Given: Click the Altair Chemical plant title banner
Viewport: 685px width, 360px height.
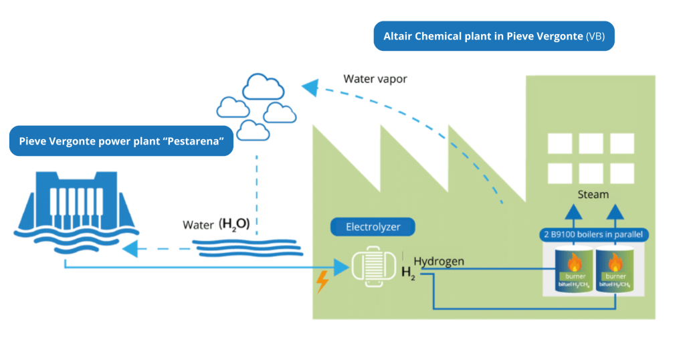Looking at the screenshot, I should (494, 36).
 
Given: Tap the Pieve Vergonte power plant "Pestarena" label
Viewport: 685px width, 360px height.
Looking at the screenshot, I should (121, 141).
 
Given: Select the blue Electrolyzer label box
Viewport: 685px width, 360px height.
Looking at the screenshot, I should (373, 227).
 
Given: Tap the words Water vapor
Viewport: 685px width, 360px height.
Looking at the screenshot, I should (375, 79).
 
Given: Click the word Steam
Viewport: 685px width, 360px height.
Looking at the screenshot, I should (593, 194).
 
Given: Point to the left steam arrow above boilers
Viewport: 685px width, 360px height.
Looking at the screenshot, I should (572, 213).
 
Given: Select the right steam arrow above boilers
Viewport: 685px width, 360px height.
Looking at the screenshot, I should (615, 213).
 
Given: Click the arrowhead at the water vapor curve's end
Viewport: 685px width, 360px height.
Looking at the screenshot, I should (308, 86).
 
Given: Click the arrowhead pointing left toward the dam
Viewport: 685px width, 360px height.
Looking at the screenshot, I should (130, 248).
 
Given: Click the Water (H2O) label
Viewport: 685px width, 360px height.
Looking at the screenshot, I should (216, 225).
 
